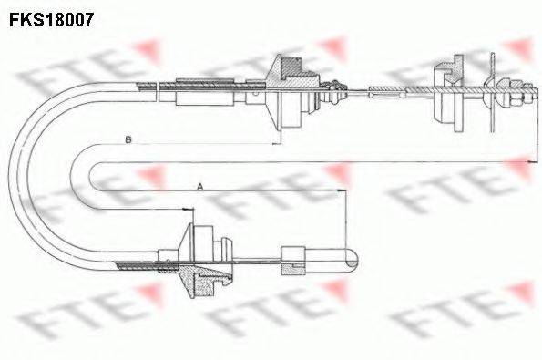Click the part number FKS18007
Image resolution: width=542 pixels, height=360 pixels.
[x=52, y=19]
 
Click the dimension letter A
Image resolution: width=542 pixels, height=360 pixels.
[x=199, y=187]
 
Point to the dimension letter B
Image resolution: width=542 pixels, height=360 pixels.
[x=128, y=140]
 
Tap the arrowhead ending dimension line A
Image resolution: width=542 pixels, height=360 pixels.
[x=341, y=190]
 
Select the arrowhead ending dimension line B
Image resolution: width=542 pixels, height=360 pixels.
[x=277, y=143]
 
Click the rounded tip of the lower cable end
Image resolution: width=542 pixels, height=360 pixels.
[x=353, y=257]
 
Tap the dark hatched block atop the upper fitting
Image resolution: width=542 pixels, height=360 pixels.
[x=292, y=67]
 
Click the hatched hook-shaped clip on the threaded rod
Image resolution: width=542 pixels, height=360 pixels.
[x=449, y=70]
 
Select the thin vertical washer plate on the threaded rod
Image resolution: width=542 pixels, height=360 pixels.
[x=492, y=93]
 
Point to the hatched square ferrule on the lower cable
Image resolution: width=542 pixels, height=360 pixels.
[x=293, y=270]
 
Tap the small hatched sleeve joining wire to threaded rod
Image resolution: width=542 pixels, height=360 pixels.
[x=387, y=92]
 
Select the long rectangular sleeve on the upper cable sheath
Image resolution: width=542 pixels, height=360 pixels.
[x=199, y=92]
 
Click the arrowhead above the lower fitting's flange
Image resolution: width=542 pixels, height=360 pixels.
[x=189, y=209]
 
